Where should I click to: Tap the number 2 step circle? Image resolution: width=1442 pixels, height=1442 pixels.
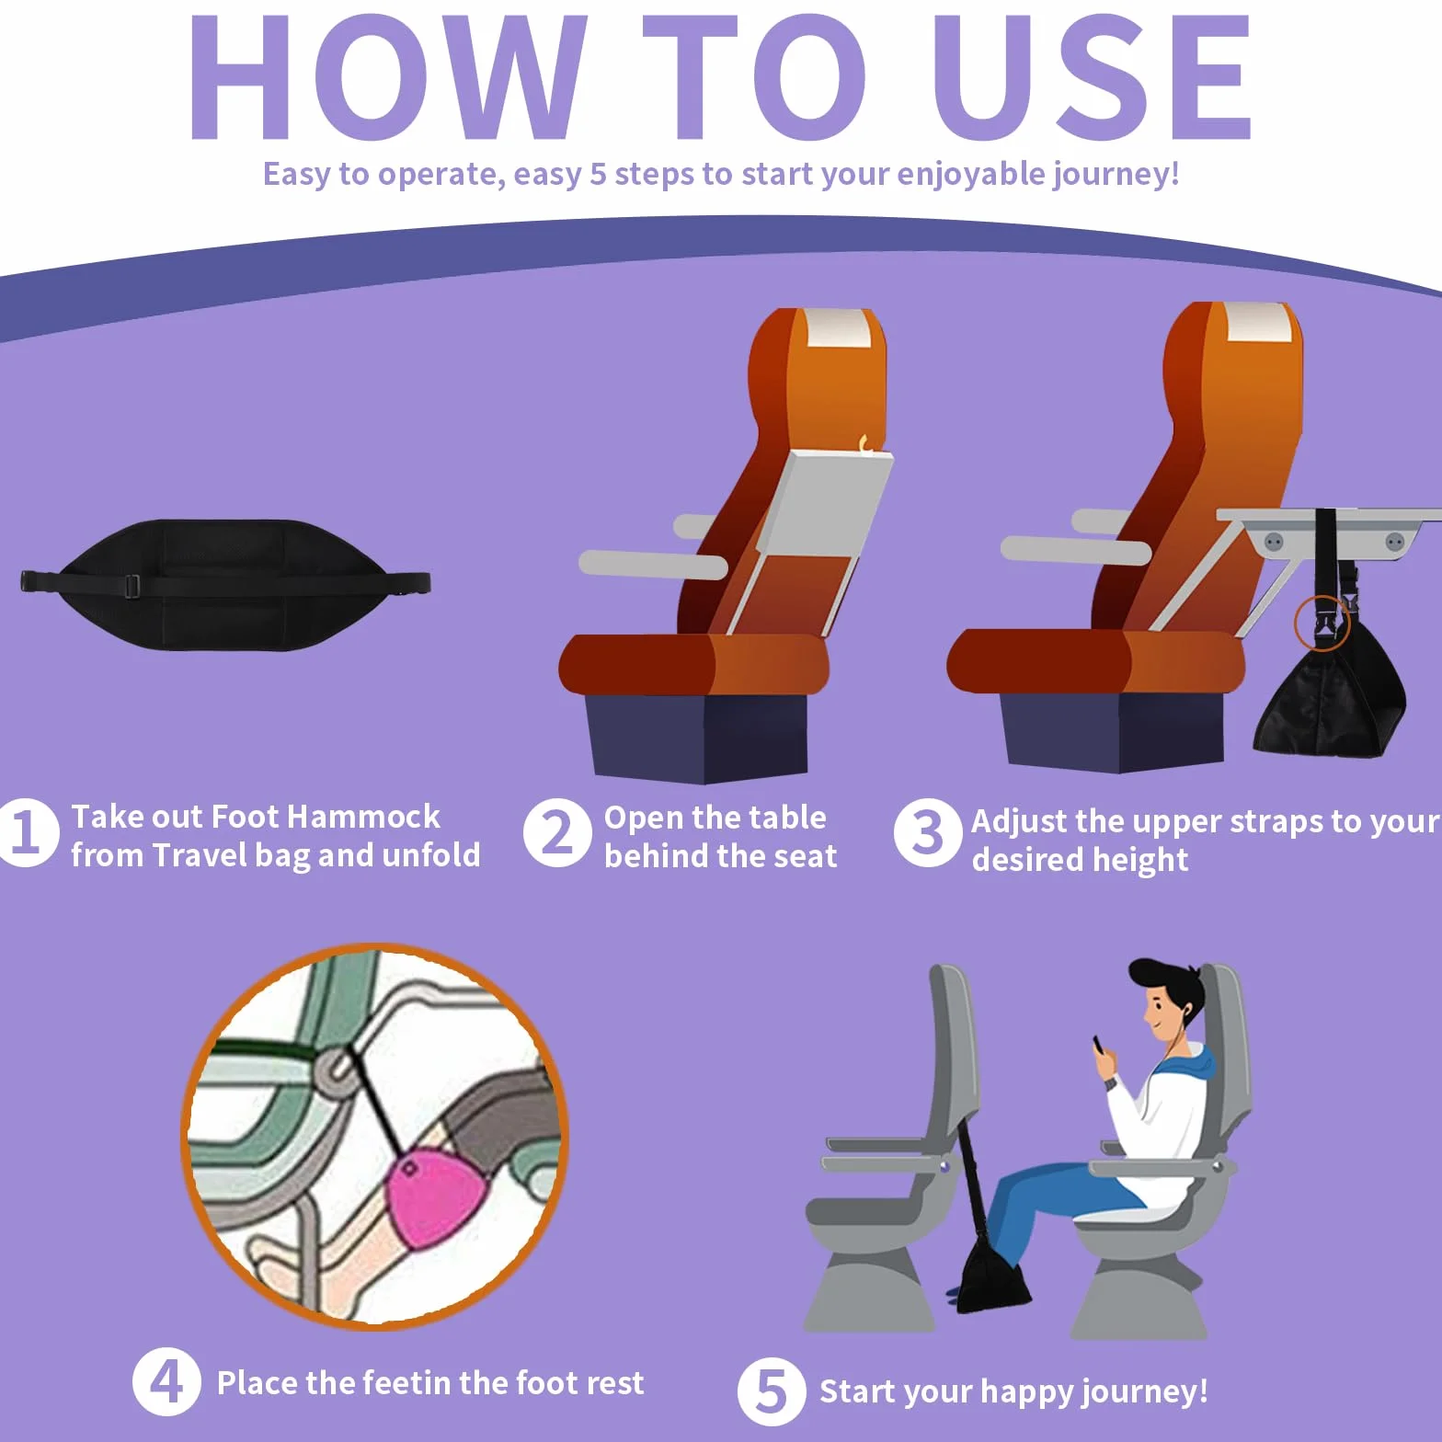click(x=557, y=832)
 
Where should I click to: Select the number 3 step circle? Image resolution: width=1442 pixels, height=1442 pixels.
click(x=928, y=832)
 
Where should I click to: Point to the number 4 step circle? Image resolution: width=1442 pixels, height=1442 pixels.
click(x=166, y=1381)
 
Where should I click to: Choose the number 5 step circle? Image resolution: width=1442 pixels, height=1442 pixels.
click(x=771, y=1390)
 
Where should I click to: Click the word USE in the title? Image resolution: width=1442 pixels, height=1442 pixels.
click(x=1092, y=77)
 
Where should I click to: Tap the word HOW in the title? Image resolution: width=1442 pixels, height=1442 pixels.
click(x=388, y=77)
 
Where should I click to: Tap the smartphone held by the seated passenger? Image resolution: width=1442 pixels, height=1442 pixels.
click(x=1099, y=1046)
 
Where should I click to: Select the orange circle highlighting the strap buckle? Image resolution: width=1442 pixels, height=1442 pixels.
click(x=1322, y=622)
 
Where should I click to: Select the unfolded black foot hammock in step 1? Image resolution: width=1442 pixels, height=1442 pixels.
click(x=225, y=585)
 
